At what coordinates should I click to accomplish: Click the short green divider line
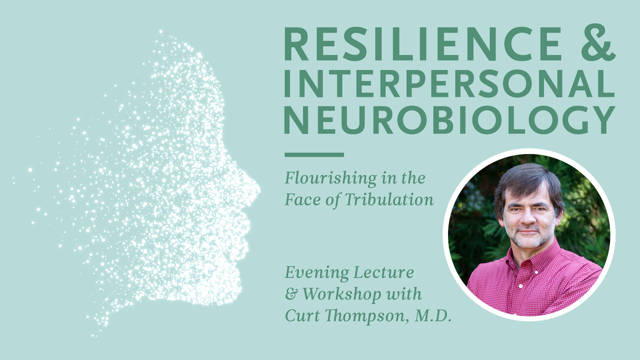pos(314,155)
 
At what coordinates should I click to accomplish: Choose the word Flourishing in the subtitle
pos(330,178)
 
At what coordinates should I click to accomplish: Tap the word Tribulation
pos(389,199)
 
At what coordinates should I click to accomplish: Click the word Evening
pos(317,273)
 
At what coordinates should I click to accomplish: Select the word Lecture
pos(383,272)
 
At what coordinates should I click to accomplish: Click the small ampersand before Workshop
pos(291,294)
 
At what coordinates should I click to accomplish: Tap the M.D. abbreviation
pos(433,316)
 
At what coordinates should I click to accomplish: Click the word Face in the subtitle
pos(302,199)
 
